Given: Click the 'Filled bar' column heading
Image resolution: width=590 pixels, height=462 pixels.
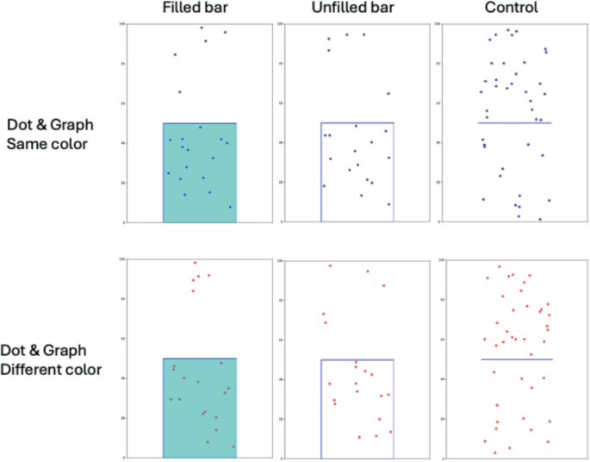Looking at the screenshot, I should pos(200,9).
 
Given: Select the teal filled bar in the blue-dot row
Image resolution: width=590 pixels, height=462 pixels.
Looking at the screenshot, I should pos(200,172).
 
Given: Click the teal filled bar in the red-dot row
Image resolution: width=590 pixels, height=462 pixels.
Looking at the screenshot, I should pos(200,407).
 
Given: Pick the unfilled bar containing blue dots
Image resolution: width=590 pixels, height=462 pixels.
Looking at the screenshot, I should pos(357,172).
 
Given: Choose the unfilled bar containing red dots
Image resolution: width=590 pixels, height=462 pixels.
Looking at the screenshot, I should pos(357,407).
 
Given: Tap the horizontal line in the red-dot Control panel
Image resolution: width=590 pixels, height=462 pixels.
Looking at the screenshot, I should pos(515,359).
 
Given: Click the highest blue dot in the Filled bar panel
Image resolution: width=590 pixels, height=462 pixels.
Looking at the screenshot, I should pos(202,28).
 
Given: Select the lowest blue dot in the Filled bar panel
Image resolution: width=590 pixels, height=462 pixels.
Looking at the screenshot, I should pos(230,207).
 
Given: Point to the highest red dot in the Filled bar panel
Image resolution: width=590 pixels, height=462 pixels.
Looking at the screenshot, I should pos(196,263).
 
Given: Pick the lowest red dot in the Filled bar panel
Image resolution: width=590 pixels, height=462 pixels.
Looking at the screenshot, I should pos(233,446).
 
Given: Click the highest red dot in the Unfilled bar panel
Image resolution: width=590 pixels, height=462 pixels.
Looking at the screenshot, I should pos(330,265).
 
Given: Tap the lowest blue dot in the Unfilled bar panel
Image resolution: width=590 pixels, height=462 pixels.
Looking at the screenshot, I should pos(388,204).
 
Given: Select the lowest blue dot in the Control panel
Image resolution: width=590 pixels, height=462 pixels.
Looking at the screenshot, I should pos(540,219).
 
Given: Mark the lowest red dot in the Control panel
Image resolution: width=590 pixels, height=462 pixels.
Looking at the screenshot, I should pos(494,453).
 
